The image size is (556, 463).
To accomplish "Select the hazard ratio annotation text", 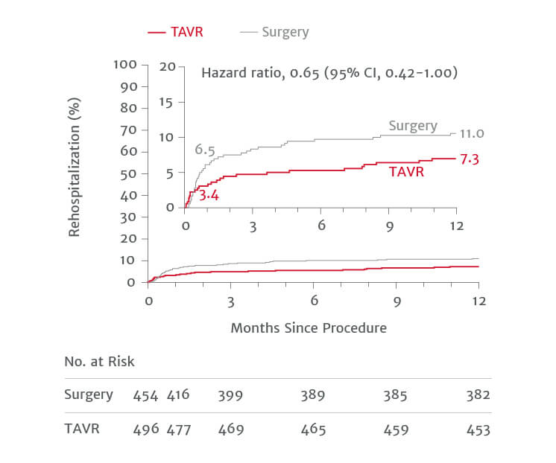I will tap(329, 73).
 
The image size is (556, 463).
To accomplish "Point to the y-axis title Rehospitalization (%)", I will tap(75, 172).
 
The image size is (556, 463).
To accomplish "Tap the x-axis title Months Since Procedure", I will tap(308, 328).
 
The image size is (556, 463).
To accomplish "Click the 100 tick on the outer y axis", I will tap(125, 64).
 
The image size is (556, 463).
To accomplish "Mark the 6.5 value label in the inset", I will tap(205, 150).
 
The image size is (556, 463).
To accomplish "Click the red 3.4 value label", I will tap(207, 197).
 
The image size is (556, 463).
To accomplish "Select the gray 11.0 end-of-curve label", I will tap(472, 134).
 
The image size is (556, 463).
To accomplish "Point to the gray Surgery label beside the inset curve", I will tap(413, 126).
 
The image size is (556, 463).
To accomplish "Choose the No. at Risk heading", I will tap(99, 362).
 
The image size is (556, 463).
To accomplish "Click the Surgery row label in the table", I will tap(88, 395).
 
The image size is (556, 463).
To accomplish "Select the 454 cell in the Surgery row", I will tap(145, 396).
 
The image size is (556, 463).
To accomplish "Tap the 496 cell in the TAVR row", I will tap(145, 430).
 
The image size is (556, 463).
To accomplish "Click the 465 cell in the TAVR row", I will tap(312, 430).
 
